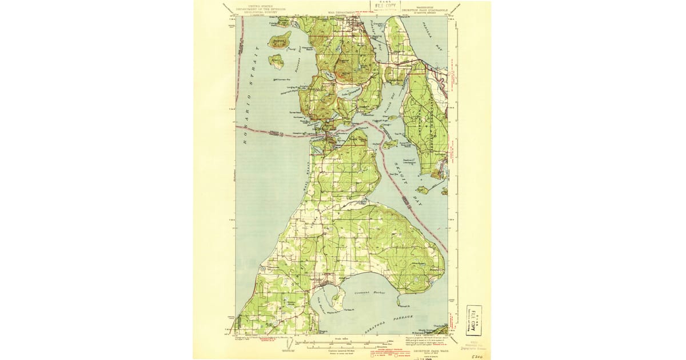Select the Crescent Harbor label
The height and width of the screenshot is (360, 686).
(x=371, y=293)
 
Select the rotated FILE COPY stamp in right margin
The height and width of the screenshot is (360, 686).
(x=473, y=320)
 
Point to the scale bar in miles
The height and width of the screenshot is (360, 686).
(x=343, y=342)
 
